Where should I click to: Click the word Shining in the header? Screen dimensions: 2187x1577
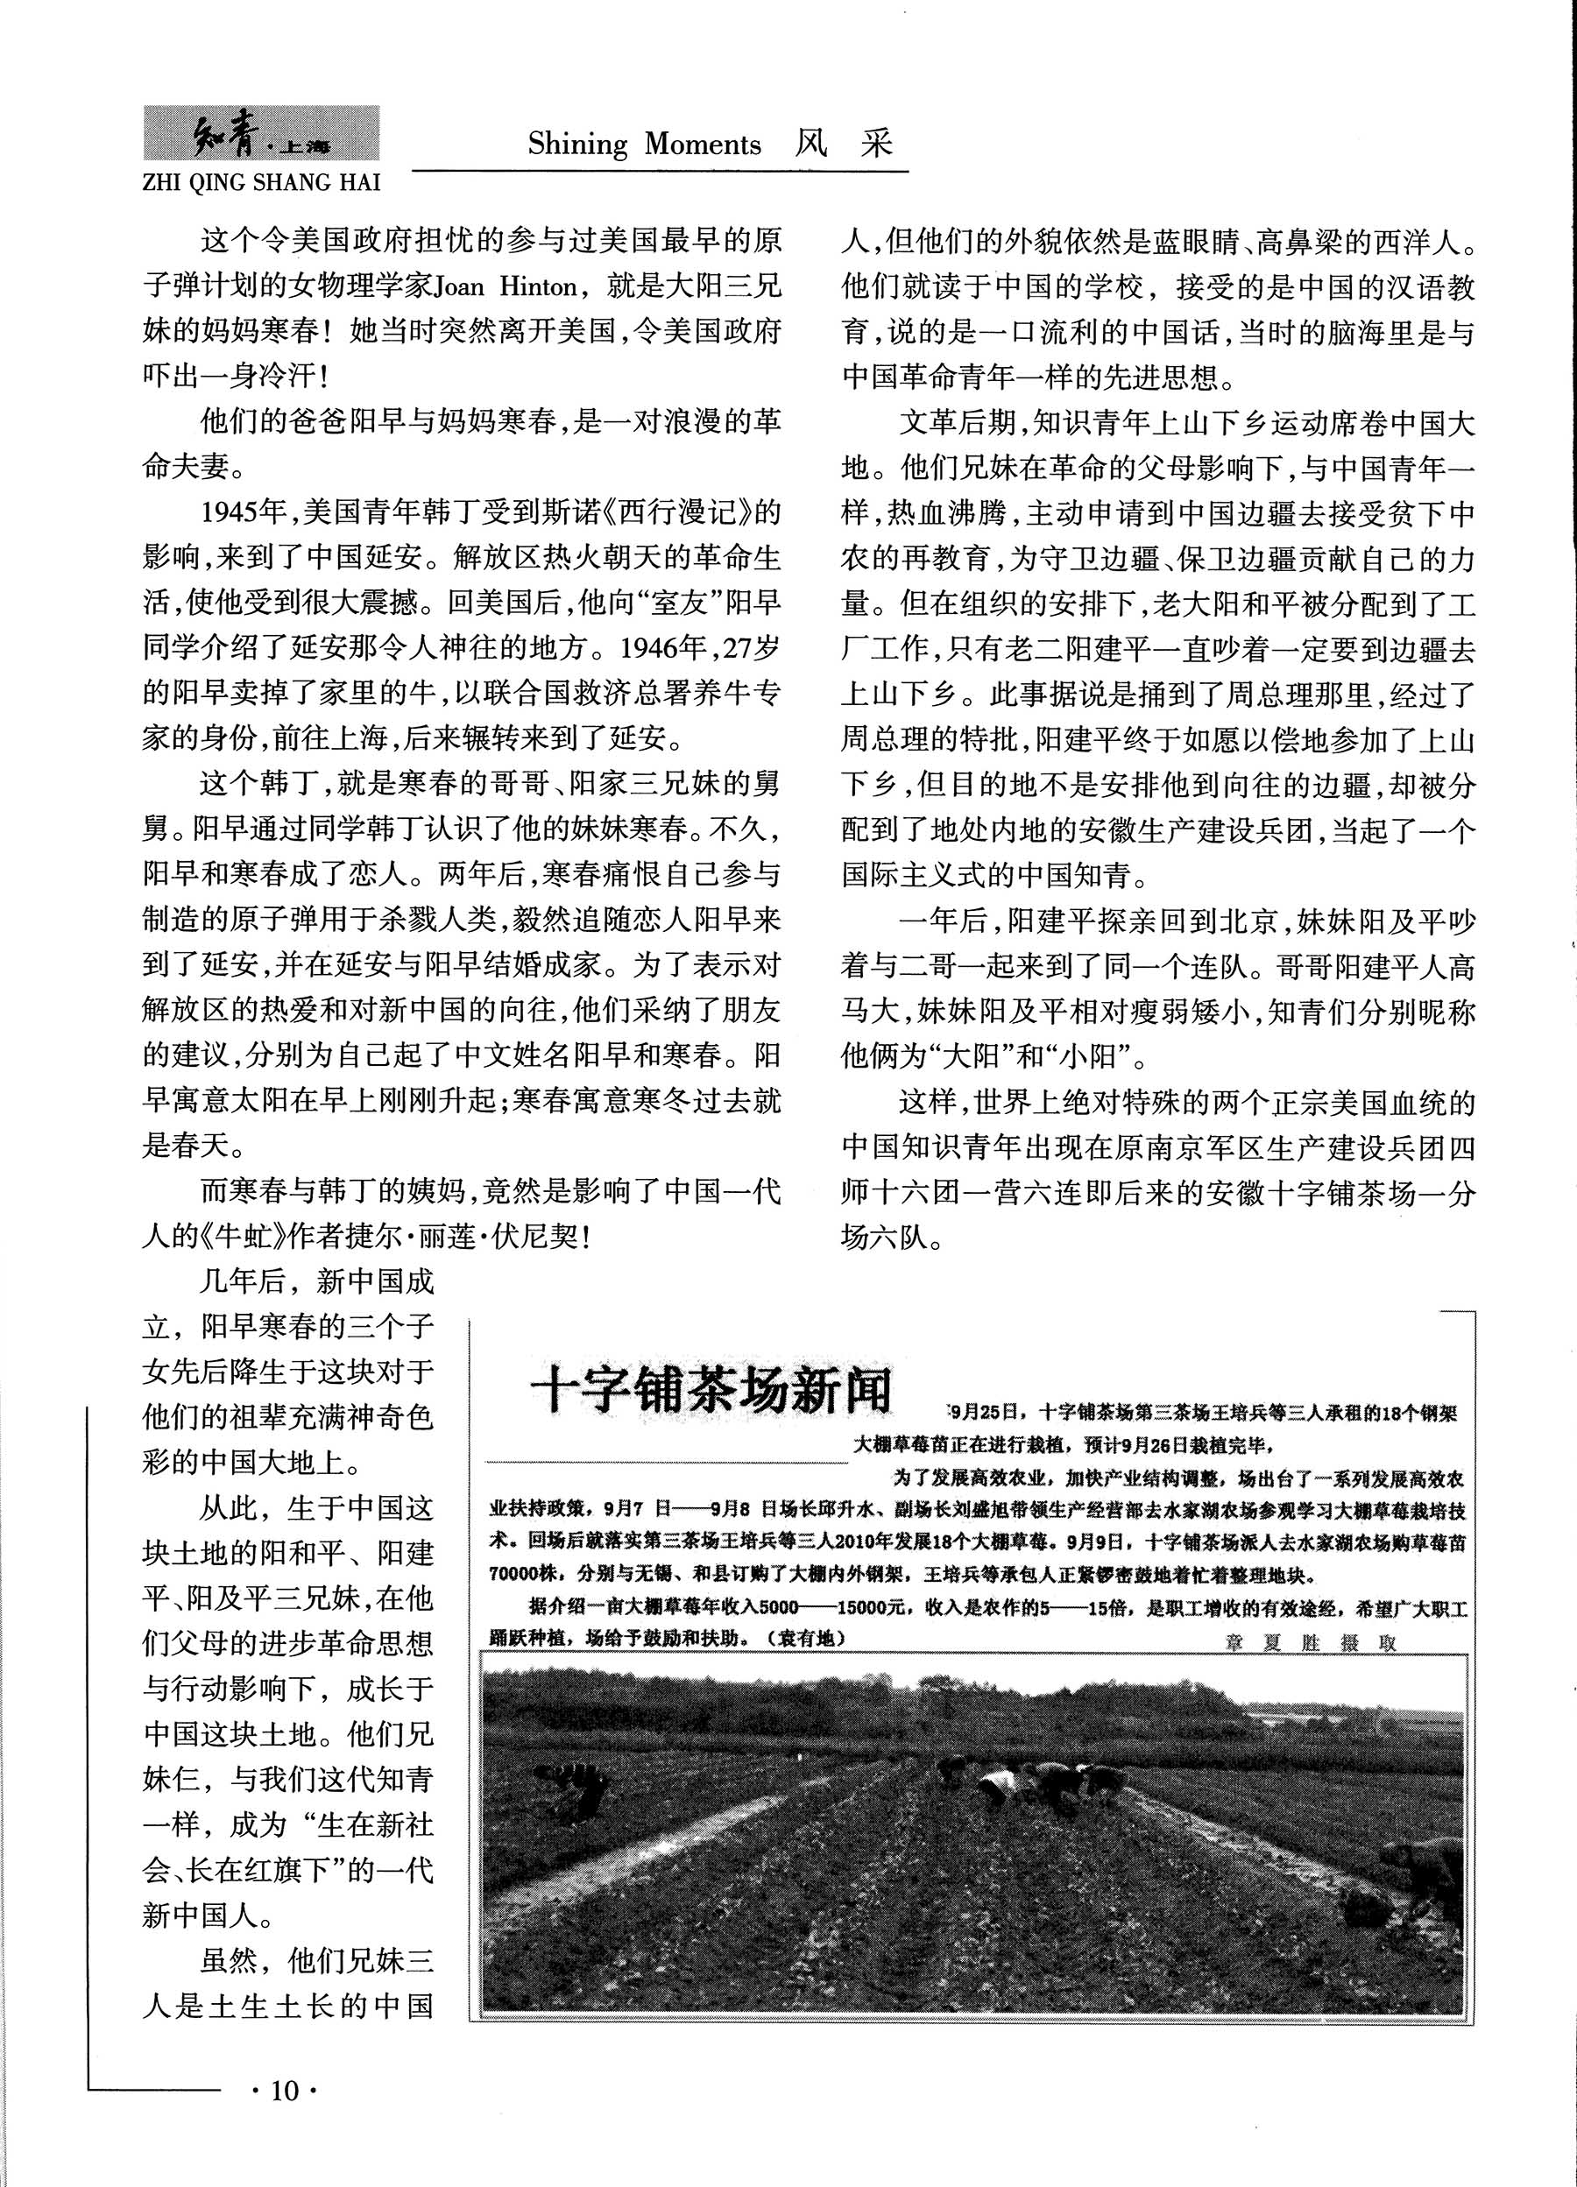(x=576, y=145)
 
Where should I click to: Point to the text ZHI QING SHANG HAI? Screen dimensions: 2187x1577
(x=260, y=182)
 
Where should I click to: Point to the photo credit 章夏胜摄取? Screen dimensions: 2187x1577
(x=1310, y=1643)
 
